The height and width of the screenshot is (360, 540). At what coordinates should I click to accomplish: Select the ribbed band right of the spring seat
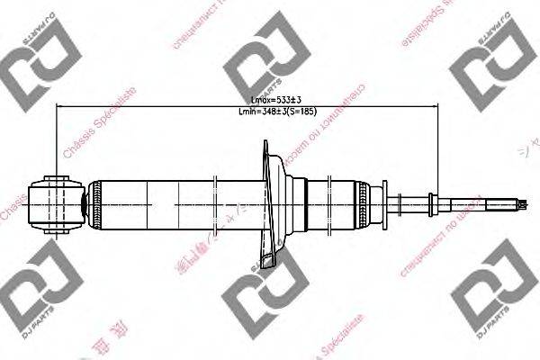pos(364,202)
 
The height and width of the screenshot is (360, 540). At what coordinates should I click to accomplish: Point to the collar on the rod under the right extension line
pos(435,202)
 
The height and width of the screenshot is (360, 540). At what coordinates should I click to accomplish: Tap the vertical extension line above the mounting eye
pos(57,135)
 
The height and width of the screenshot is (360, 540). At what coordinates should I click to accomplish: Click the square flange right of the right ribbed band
pos(381,202)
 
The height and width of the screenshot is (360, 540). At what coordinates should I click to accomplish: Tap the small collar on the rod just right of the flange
pos(400,202)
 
